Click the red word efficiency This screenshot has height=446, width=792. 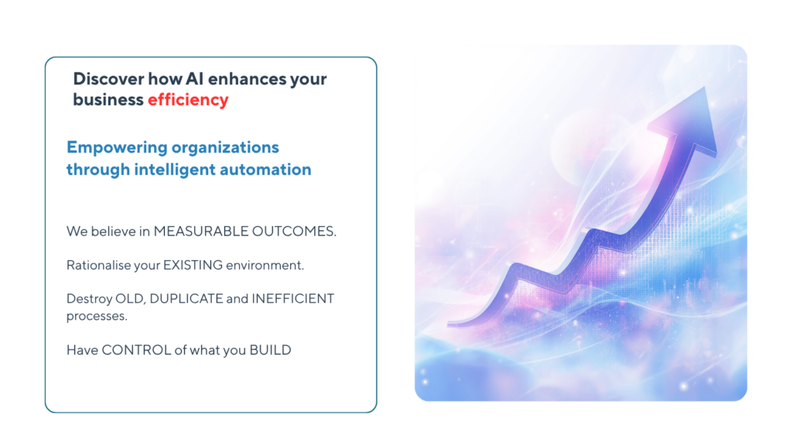pyautogui.click(x=188, y=100)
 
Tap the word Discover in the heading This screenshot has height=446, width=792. pyautogui.click(x=108, y=78)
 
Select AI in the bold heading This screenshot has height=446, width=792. pyautogui.click(x=194, y=78)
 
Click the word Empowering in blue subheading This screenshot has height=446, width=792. pyautogui.click(x=117, y=148)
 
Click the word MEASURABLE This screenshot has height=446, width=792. pyautogui.click(x=201, y=231)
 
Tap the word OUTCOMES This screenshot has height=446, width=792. pyautogui.click(x=294, y=231)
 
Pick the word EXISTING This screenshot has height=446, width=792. pyautogui.click(x=193, y=265)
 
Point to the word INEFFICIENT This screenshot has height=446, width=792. pyautogui.click(x=293, y=298)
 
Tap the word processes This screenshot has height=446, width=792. pyautogui.click(x=97, y=316)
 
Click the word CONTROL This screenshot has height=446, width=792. pyautogui.click(x=136, y=350)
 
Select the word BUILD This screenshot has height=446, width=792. pyautogui.click(x=270, y=350)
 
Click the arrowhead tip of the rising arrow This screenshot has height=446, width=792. pyautogui.click(x=704, y=87)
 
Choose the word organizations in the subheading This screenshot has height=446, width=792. pyautogui.click(x=225, y=148)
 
